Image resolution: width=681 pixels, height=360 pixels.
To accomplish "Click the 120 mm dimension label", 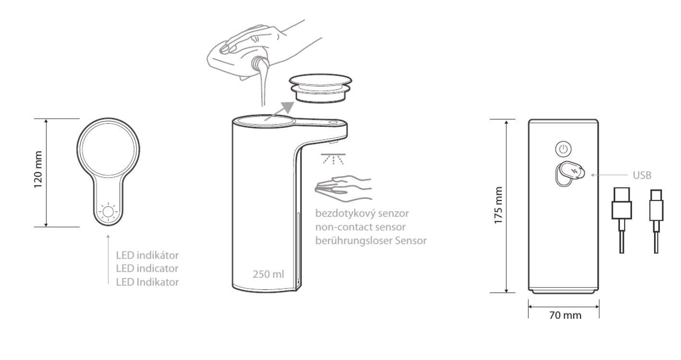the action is (38, 169).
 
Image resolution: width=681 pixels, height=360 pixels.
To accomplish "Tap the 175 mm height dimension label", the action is (498, 206).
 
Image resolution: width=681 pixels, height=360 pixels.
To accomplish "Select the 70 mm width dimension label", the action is (565, 315).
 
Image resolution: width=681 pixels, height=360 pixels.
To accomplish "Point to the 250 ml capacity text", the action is (268, 274).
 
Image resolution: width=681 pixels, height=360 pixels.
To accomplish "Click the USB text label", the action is (642, 175).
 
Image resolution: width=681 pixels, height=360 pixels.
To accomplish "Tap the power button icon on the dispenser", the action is (563, 149).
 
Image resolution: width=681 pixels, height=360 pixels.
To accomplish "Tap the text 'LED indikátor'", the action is (147, 255).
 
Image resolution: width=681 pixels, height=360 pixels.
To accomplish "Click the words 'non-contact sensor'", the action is (360, 227).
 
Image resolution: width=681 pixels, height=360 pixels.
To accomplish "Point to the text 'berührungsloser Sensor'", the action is (371, 240).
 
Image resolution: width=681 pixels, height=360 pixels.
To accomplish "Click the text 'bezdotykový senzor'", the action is (362, 213).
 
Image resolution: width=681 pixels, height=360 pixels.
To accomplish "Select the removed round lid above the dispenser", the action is (321, 88).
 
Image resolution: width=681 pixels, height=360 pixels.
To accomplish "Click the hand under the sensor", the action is (343, 188).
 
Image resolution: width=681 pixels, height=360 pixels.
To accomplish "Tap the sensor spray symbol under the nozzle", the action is (333, 159).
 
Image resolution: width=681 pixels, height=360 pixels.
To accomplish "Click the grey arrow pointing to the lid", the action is (279, 111).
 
